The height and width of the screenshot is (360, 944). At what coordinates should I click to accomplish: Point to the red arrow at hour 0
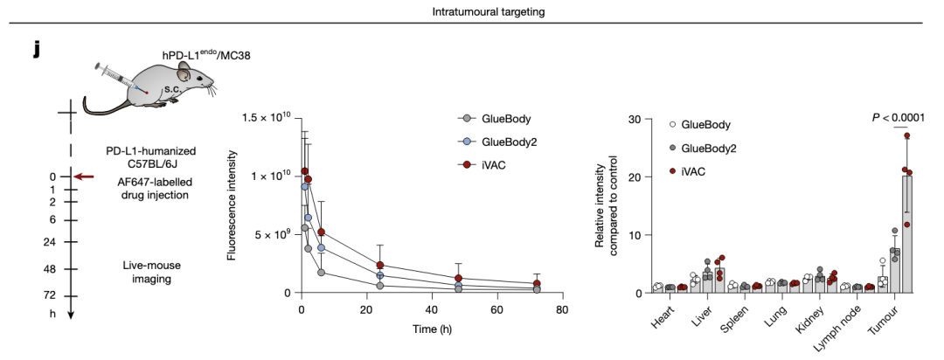click(x=84, y=177)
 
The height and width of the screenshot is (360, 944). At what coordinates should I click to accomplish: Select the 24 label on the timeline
click(x=49, y=242)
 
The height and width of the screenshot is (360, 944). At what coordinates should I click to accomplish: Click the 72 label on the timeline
click(x=49, y=295)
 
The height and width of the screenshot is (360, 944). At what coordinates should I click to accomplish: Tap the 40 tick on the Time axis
click(x=432, y=309)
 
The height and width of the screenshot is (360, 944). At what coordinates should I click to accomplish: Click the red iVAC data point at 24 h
click(x=380, y=266)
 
